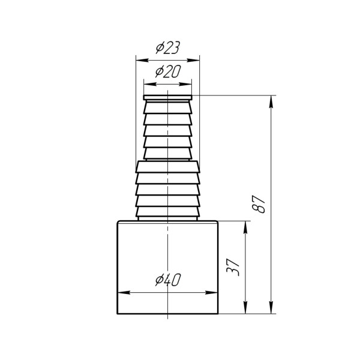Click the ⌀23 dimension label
167,47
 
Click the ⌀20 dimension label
168,71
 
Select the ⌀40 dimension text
168,280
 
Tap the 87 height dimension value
259,204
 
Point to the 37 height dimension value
233,267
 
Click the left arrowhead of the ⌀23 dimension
142,61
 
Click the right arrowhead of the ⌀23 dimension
194,61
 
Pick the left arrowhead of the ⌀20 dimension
149,84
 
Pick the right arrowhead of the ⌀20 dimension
186,84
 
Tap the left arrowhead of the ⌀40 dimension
124,293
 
